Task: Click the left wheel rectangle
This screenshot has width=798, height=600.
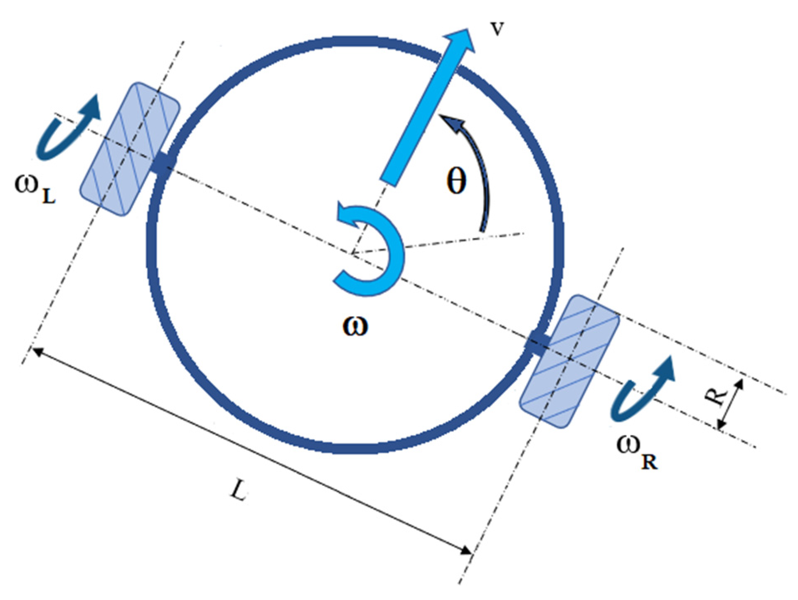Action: (129, 149)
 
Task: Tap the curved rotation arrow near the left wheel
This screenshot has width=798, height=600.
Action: (66, 129)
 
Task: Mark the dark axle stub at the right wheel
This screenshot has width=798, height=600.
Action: (538, 343)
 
